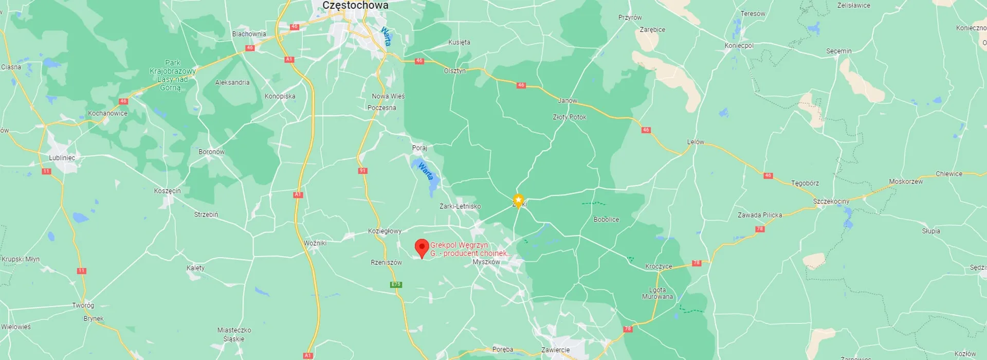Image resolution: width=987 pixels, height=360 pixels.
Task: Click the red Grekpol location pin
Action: (x=422, y=247)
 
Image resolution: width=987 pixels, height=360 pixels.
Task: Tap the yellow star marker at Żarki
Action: (x=519, y=200)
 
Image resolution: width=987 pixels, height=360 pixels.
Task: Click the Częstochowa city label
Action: (x=355, y=5)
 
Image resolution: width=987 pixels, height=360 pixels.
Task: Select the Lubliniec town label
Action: (x=62, y=158)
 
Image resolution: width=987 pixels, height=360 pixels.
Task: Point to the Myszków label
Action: (x=486, y=262)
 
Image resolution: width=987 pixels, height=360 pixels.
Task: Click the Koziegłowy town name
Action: (x=385, y=231)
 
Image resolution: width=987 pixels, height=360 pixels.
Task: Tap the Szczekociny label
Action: (x=831, y=201)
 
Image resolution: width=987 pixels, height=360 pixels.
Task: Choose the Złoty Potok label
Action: (x=569, y=117)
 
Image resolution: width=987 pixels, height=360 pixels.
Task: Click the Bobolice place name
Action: (x=606, y=220)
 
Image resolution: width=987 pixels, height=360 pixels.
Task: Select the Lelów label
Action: (x=696, y=142)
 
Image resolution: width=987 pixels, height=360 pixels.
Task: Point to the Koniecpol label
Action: (x=739, y=46)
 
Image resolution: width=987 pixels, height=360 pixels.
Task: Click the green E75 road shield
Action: (x=396, y=284)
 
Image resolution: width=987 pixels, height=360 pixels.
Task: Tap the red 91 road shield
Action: (x=362, y=171)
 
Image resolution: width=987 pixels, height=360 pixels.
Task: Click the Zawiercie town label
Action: (x=555, y=350)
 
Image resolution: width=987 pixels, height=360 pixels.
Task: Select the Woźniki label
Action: (x=315, y=243)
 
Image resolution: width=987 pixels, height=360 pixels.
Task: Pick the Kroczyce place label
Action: (x=659, y=266)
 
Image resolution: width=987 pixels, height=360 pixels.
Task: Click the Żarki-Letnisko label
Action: (x=460, y=206)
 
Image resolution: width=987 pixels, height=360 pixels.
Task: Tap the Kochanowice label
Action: (x=107, y=113)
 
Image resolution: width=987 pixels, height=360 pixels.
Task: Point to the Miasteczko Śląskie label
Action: (x=234, y=334)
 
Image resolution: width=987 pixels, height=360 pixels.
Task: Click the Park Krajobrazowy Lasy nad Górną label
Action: (x=173, y=75)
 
